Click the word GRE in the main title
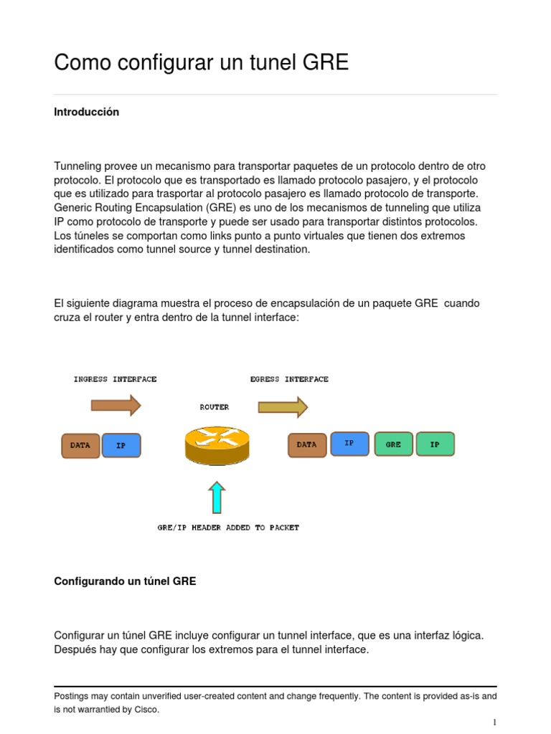coord(325,62)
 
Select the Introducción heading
coord(86,112)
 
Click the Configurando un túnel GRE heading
coord(125,581)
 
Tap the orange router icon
coord(217,444)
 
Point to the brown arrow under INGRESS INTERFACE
coord(116,406)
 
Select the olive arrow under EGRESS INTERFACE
coord(283,407)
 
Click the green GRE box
coord(393,444)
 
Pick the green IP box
coord(435,444)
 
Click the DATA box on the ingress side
coord(80,445)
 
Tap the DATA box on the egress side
coord(307,444)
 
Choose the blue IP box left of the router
coord(121,445)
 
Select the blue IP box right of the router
coord(349,444)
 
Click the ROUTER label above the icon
coord(215,407)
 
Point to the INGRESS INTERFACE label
coord(115,379)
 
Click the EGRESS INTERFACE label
coord(289,379)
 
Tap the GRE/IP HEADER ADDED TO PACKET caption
coord(228,528)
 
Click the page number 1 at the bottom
coord(494,722)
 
